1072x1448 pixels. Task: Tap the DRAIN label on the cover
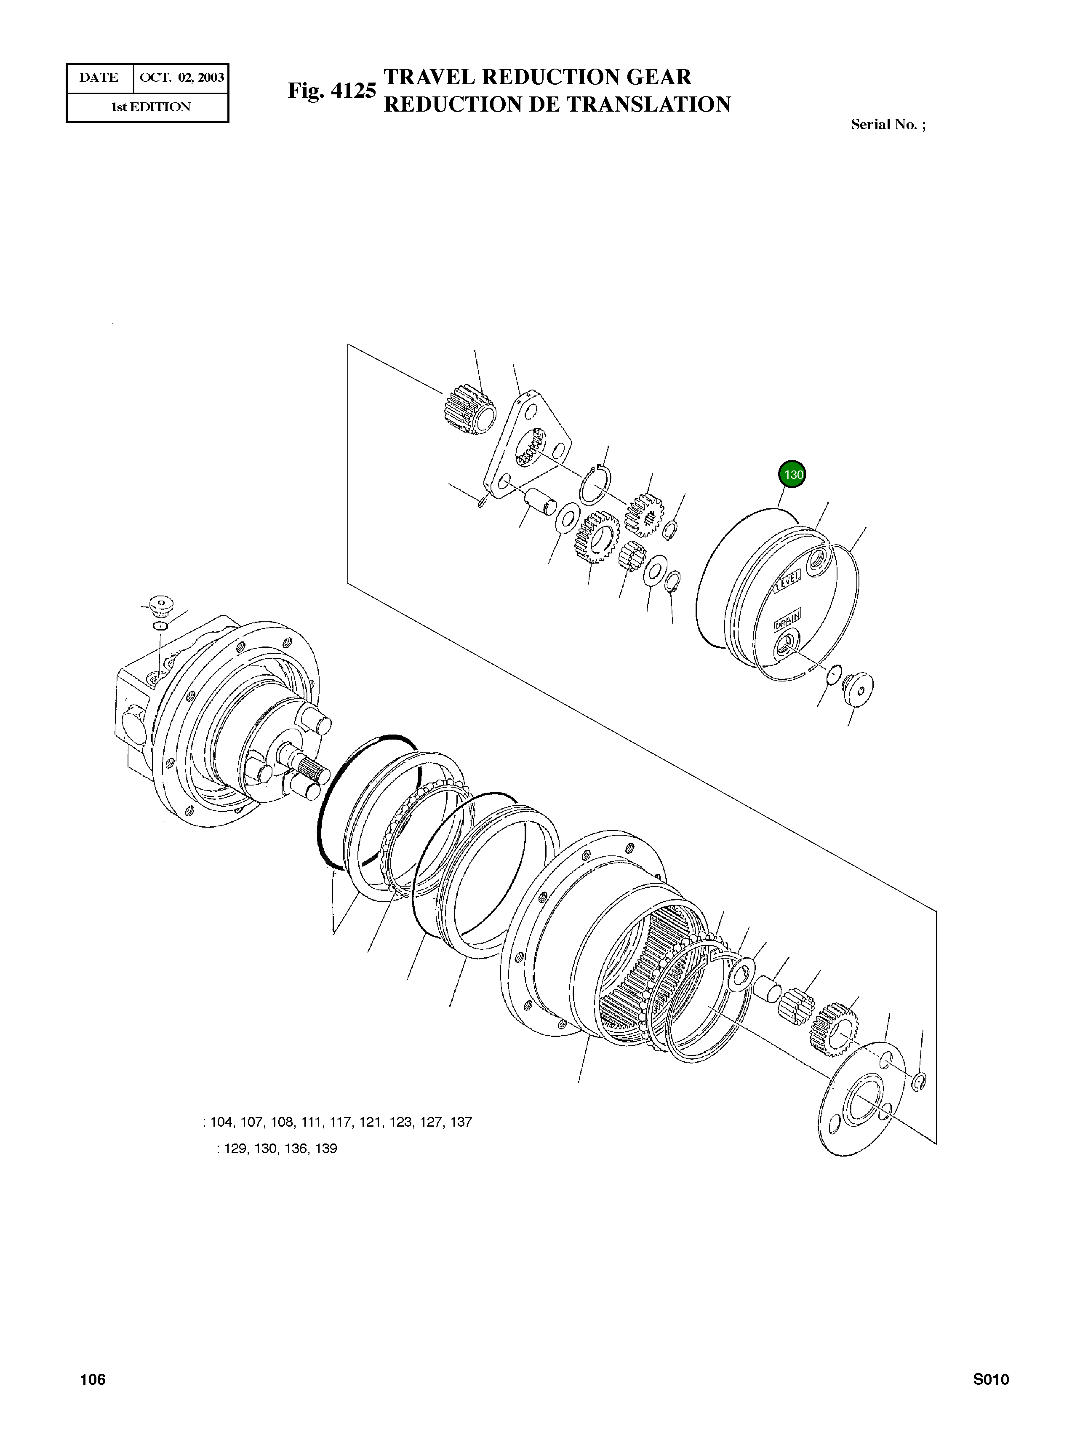tap(787, 620)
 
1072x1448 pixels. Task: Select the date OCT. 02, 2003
tap(182, 78)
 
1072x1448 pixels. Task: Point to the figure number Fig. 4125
tap(332, 91)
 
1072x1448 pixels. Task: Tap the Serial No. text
tap(888, 125)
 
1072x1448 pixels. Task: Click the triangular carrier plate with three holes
tap(529, 445)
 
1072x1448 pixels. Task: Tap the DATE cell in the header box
tap(99, 78)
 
